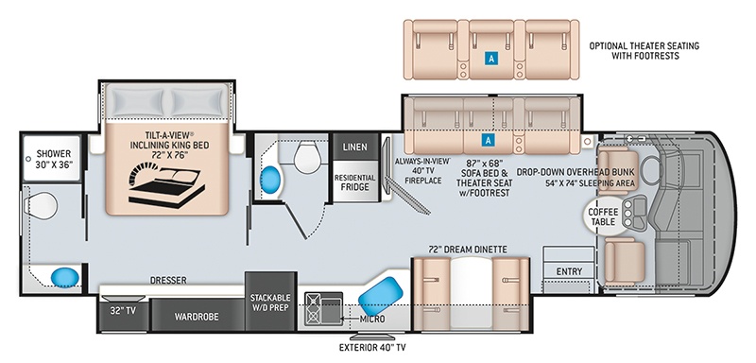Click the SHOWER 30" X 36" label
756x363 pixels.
[x=54, y=158]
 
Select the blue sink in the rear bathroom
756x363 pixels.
[x=65, y=277]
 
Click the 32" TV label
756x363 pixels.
[x=123, y=311]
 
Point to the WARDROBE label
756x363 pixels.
[x=197, y=317]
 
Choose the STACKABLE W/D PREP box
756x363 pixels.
[x=270, y=302]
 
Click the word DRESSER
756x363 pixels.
[x=168, y=280]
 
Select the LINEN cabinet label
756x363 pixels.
[x=355, y=147]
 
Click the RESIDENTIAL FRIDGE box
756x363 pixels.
[x=355, y=181]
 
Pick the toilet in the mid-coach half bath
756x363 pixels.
[x=307, y=158]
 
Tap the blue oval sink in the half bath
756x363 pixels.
[x=270, y=180]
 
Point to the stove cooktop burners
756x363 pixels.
[x=313, y=308]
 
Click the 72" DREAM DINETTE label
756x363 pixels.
[x=468, y=250]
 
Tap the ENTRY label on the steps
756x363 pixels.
[x=569, y=271]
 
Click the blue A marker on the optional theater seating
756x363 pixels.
[x=490, y=60]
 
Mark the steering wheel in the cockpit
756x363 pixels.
[x=651, y=170]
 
